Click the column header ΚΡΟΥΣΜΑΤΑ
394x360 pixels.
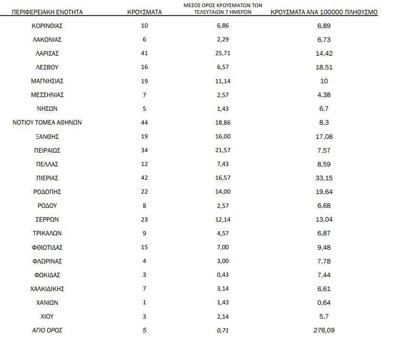point(145,12)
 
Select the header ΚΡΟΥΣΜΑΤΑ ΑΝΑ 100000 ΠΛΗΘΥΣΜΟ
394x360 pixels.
point(324,12)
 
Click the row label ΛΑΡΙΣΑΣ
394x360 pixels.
point(47,53)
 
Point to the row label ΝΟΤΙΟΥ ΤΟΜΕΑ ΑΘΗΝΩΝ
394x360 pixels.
point(47,123)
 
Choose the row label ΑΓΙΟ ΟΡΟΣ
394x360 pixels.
point(47,330)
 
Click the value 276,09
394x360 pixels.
point(324,330)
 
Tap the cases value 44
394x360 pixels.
point(145,123)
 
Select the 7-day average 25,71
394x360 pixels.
point(223,53)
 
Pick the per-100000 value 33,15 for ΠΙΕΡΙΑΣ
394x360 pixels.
point(324,178)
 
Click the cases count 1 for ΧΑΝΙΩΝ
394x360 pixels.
point(145,302)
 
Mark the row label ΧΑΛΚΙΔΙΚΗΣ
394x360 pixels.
point(47,289)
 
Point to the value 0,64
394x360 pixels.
point(324,302)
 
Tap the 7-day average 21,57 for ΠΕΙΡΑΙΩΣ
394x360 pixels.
point(223,150)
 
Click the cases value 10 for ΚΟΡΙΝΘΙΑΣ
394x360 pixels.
point(145,26)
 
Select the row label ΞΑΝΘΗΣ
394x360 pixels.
point(47,136)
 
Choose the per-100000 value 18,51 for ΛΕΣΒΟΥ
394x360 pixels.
point(324,67)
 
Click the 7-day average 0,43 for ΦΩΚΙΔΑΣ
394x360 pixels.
point(223,275)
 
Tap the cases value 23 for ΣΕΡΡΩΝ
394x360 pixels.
point(145,220)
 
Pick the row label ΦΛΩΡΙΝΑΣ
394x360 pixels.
point(47,261)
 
